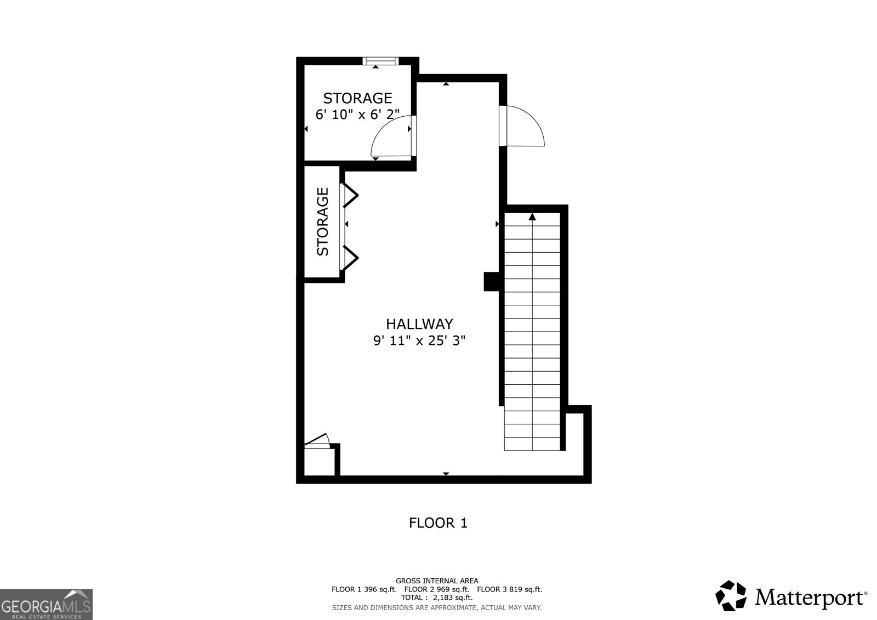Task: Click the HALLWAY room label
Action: click(419, 323)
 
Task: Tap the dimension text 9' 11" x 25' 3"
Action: click(419, 340)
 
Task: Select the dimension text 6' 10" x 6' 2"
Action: click(357, 114)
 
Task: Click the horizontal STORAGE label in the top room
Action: click(357, 98)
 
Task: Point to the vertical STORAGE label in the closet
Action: click(323, 221)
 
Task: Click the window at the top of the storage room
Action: click(381, 60)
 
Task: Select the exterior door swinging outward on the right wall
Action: click(523, 126)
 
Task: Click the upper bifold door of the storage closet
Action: click(350, 195)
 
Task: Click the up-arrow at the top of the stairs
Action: click(532, 217)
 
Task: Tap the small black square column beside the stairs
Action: click(491, 281)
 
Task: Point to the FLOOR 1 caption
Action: click(438, 523)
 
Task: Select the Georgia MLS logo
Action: click(46, 604)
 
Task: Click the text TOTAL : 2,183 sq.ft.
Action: click(437, 598)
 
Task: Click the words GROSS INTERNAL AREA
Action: click(437, 581)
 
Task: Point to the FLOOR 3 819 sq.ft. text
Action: click(509, 589)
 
